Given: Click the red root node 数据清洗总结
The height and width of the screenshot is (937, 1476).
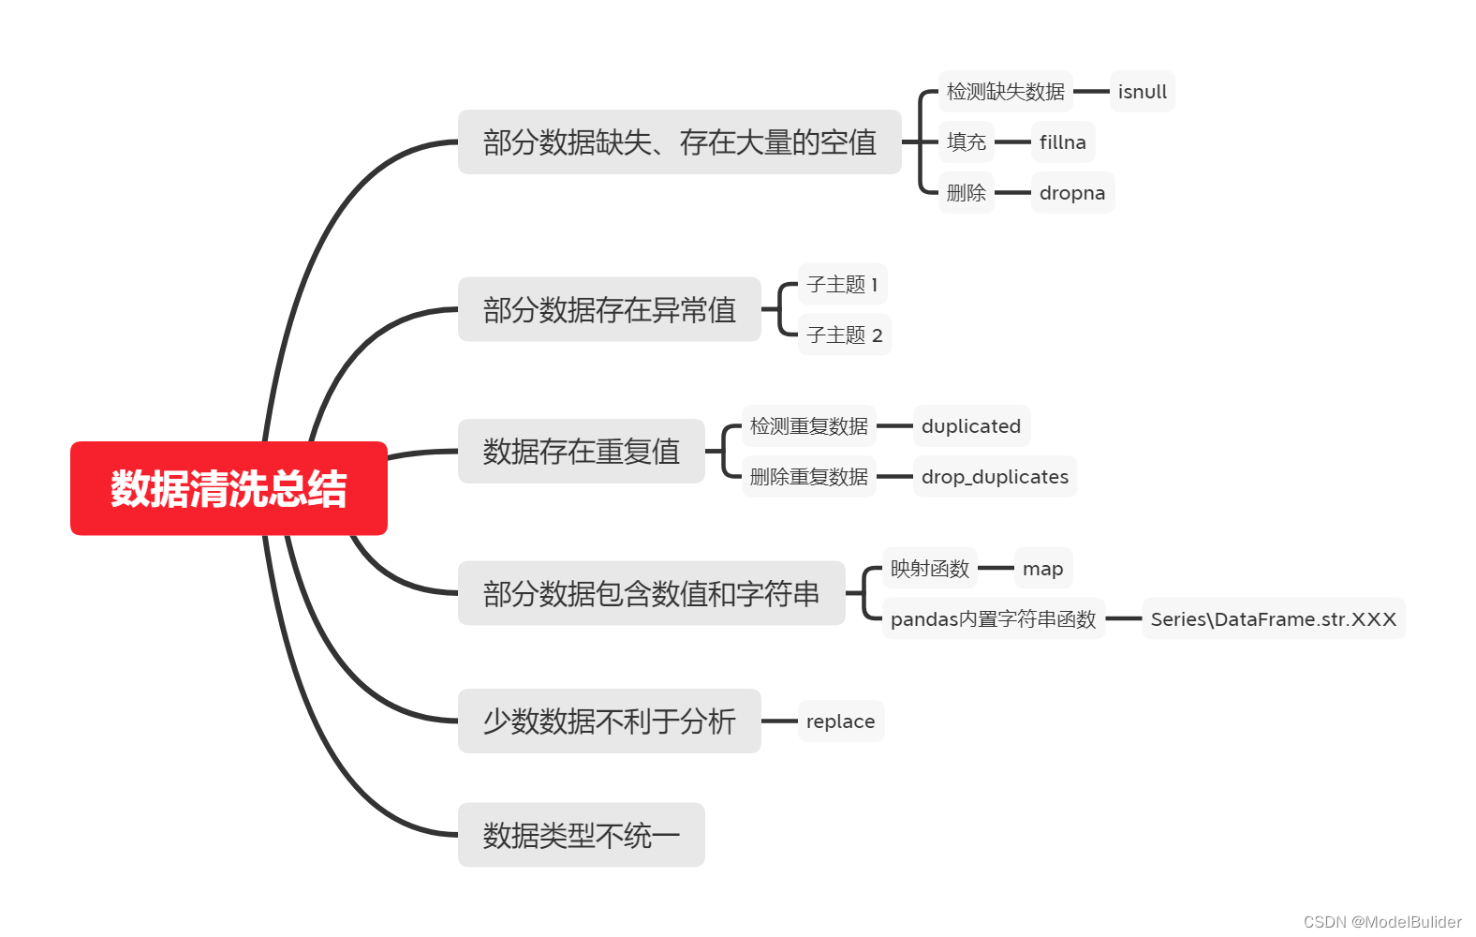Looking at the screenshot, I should [x=229, y=488].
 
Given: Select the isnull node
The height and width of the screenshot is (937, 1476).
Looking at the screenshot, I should [x=1142, y=92].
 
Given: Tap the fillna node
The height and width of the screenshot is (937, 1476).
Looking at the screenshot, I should [x=1062, y=142].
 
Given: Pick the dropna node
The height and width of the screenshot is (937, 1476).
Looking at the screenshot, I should [x=1071, y=193].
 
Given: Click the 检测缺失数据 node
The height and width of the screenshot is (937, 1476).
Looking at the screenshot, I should [x=1005, y=92].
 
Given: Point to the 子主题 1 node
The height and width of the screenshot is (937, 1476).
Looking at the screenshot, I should [x=842, y=284].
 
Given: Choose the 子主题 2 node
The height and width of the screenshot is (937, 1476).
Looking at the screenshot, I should [x=844, y=335].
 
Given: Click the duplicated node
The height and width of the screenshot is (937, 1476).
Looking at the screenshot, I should [x=970, y=426].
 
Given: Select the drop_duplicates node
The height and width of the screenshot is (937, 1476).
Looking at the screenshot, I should [x=994, y=477].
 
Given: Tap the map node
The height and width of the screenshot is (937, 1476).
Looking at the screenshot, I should [x=1042, y=569].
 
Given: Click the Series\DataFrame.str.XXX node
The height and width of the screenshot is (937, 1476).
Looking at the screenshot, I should [x=1273, y=619].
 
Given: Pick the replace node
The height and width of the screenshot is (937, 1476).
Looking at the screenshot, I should [x=840, y=721].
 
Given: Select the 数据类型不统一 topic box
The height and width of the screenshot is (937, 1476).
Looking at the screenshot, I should [x=581, y=835].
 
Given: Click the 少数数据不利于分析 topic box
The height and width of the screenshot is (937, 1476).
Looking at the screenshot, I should [x=609, y=721].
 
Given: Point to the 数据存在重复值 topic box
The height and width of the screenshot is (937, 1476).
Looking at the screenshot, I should [x=581, y=452].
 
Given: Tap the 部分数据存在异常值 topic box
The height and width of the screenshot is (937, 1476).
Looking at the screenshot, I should [x=609, y=309].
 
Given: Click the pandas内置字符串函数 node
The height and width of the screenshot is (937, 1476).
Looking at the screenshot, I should [x=993, y=619].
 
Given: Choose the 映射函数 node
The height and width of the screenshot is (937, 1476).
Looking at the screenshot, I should [x=929, y=569].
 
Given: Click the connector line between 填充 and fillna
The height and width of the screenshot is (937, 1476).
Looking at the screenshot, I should [x=1012, y=142].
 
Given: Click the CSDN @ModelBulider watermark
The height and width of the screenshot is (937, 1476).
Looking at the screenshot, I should [x=1381, y=922].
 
